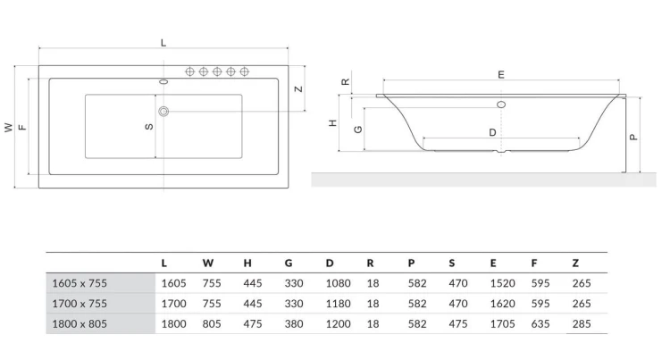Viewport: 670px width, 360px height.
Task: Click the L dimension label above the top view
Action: [163, 43]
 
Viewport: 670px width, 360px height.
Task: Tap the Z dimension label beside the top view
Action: [298, 88]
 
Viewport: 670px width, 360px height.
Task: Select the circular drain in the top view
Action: [163, 112]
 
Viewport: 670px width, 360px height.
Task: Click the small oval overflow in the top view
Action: [163, 81]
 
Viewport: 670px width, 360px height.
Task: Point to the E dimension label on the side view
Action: [501, 75]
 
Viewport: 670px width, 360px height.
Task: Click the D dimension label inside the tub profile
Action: [492, 133]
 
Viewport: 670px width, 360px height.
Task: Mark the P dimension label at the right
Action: [633, 137]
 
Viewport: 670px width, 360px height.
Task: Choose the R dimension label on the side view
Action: [345, 81]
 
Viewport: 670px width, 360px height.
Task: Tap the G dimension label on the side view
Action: [358, 130]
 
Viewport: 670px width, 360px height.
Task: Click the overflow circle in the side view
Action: [501, 105]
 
